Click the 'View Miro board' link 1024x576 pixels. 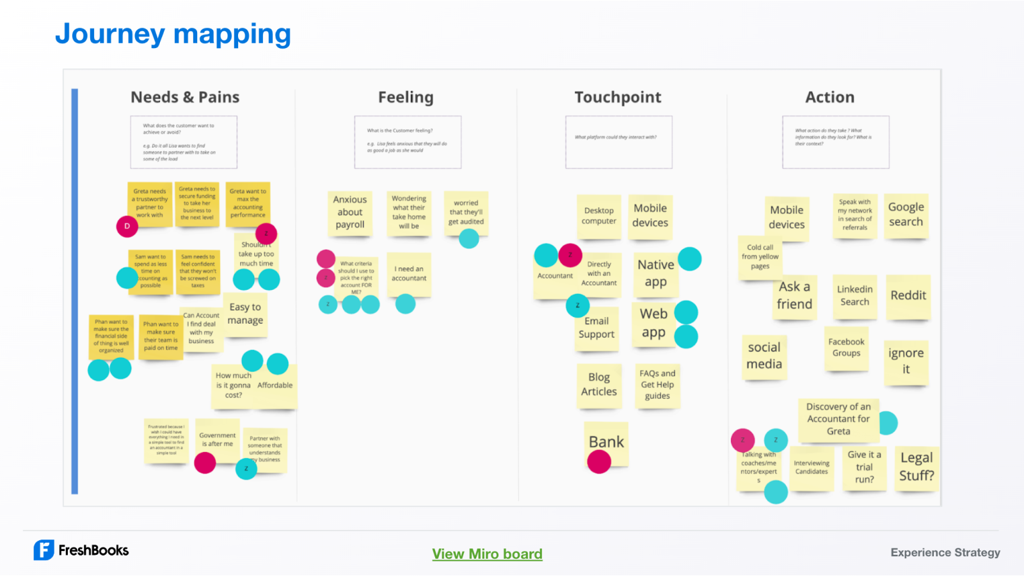click(x=487, y=554)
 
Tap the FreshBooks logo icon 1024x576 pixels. click(x=44, y=550)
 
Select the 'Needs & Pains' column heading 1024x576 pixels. click(x=185, y=97)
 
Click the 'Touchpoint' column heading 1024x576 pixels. click(x=618, y=97)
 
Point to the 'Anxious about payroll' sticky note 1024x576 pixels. click(x=350, y=212)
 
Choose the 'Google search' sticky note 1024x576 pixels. click(x=906, y=215)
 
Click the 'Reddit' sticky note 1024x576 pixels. click(x=908, y=296)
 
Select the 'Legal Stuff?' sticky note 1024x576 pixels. click(x=916, y=467)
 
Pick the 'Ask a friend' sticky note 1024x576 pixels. click(x=794, y=296)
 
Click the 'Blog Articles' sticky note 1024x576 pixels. click(x=599, y=385)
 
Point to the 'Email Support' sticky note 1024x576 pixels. click(x=596, y=328)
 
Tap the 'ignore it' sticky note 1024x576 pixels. click(x=906, y=361)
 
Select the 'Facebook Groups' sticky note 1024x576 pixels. click(x=846, y=348)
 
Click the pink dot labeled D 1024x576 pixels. click(x=127, y=226)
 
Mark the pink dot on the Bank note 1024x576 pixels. click(x=599, y=461)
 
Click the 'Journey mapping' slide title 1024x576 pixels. click(x=173, y=34)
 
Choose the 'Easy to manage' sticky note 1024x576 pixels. click(x=245, y=314)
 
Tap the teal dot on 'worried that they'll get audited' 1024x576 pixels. click(x=469, y=239)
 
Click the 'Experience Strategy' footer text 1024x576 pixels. click(x=945, y=552)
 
